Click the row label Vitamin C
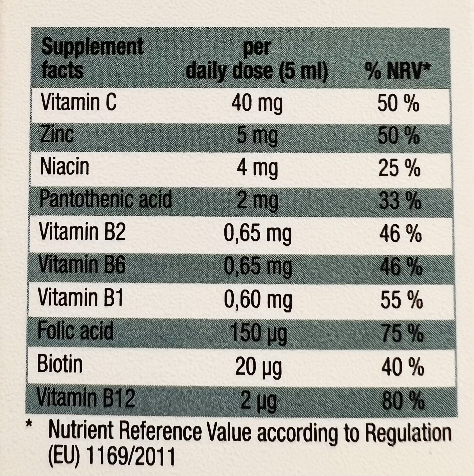click(x=79, y=102)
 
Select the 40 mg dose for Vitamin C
click(x=257, y=104)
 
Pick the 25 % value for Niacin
click(x=399, y=168)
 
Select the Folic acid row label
click(x=75, y=331)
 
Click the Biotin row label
click(x=60, y=364)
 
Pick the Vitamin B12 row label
click(x=86, y=398)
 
